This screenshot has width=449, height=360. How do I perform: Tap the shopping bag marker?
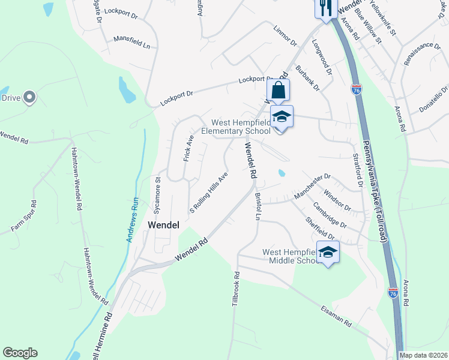(279, 91)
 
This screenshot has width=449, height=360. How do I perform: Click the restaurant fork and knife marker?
(324, 8)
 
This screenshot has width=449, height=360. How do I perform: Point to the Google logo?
(20, 353)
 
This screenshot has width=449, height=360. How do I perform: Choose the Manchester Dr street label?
(312, 187)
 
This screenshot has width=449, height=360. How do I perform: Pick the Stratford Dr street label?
(361, 173)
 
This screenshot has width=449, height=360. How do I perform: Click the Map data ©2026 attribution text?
(424, 355)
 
